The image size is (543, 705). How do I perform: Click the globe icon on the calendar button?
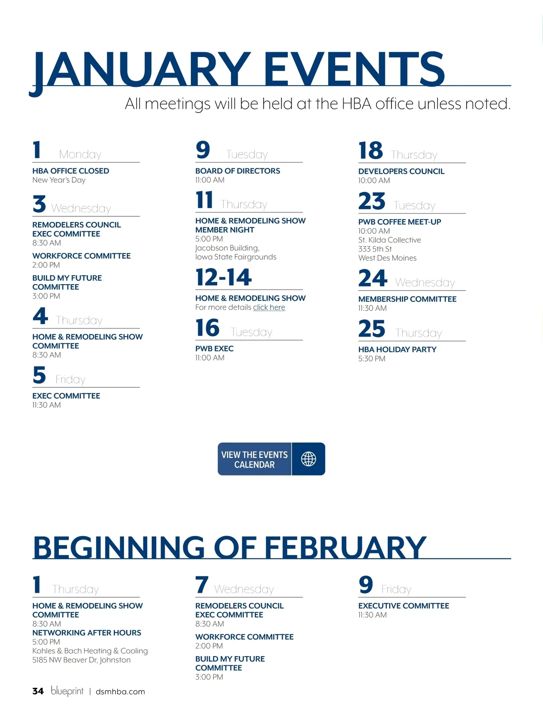coord(309,459)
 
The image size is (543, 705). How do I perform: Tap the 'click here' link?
coord(269,307)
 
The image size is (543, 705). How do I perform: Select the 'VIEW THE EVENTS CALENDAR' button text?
coord(254,459)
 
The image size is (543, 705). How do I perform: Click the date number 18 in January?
coord(371,151)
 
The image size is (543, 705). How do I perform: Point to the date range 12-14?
coord(224,277)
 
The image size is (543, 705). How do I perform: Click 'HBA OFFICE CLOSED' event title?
coord(71,171)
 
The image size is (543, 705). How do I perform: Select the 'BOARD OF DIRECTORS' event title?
coord(238,171)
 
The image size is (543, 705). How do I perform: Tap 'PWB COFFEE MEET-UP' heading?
coord(400,222)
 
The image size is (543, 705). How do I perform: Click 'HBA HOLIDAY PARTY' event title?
coord(397,349)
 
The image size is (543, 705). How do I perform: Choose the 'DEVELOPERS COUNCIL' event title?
coord(401,171)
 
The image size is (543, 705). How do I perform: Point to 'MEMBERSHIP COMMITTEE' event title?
coord(407,299)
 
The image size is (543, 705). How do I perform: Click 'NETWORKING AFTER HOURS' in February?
coord(86,633)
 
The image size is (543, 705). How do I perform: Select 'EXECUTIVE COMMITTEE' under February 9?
coord(404,606)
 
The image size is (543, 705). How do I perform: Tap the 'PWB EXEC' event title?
coord(214,348)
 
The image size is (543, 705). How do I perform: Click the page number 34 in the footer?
coord(38,691)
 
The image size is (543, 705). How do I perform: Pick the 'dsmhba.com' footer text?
coord(120,691)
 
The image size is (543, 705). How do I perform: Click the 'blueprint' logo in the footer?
coord(67,691)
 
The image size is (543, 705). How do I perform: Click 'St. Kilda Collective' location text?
coord(390,240)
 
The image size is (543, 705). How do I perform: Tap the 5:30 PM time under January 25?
coord(372,358)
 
